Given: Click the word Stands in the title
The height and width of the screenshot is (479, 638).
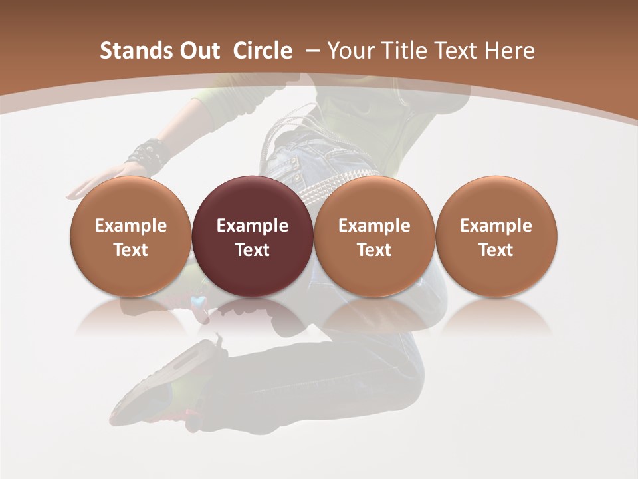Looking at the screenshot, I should (128, 51).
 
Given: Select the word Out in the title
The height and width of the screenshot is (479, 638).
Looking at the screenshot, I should (193, 51).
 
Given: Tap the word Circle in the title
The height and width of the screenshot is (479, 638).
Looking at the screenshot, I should (263, 51).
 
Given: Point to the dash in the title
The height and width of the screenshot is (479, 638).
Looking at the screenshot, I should (312, 51).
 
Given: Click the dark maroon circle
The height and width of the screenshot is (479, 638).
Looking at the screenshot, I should (253, 236).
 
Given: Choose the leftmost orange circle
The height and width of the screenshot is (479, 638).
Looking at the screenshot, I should (131, 236).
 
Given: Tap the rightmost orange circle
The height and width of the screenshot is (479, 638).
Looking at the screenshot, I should (496, 236).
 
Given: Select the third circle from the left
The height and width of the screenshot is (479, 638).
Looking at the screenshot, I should (374, 236).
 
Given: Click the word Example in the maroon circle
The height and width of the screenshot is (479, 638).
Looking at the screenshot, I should (253, 226).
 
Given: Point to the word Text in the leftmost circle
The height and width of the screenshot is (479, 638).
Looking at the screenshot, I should (131, 250).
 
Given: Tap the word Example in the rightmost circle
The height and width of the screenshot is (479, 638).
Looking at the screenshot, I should (496, 226).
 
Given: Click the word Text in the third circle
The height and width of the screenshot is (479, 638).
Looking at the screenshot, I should (374, 250).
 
